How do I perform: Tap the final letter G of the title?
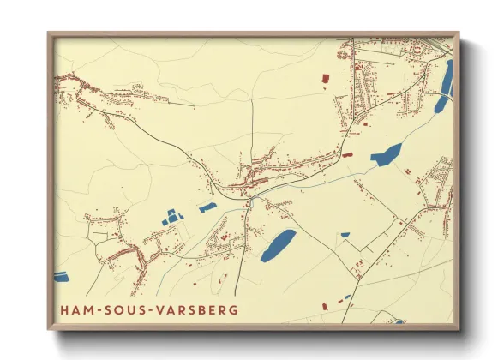tap(233, 309)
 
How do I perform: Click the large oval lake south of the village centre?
tap(278, 244)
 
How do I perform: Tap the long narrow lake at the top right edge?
tap(445, 86)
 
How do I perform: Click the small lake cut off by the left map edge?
tap(60, 276)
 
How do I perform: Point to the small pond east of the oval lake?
tap(345, 234)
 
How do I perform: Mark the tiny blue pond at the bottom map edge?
tap(399, 321)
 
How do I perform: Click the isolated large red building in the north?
tap(325, 79)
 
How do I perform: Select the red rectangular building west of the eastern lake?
tap(347, 155)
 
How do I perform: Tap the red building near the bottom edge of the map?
tap(325, 306)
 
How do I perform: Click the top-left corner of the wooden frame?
tap(48, 33)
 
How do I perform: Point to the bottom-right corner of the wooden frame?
tap(459, 329)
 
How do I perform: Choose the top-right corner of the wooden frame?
tap(459, 33)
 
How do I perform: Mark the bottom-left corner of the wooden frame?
tap(48, 329)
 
